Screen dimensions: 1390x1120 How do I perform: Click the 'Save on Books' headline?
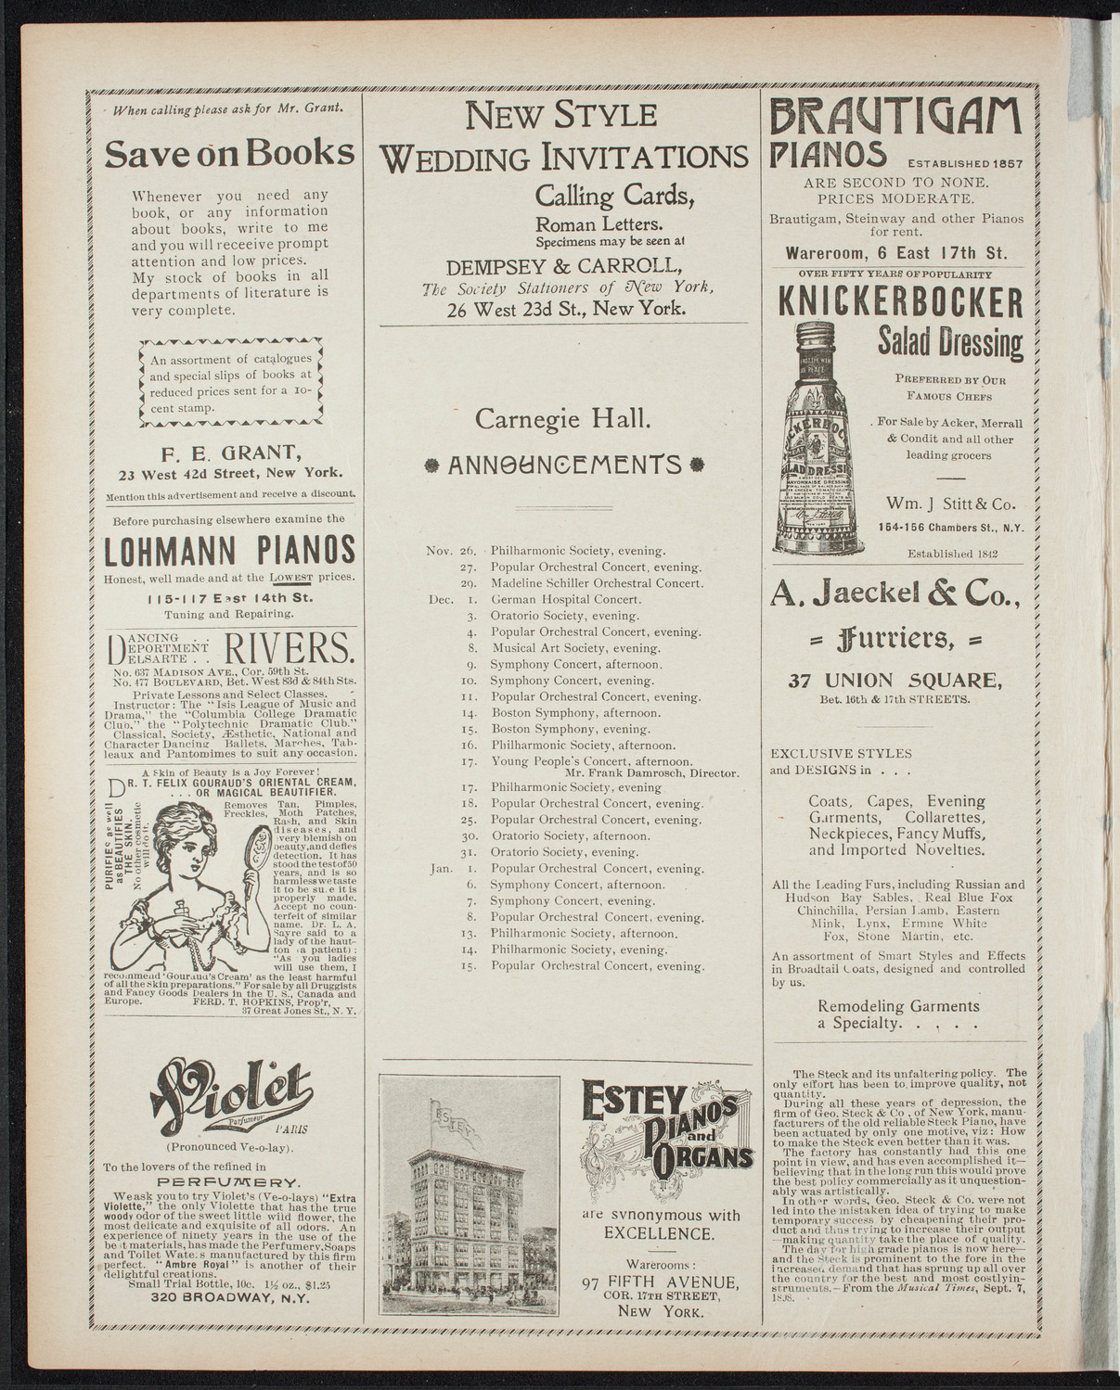229,154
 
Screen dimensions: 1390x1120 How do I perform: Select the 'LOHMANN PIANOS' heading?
229,551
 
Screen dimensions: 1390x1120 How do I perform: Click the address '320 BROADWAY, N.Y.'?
229,1297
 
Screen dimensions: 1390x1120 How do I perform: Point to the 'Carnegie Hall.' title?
562,418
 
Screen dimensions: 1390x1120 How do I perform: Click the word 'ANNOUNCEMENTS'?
564,464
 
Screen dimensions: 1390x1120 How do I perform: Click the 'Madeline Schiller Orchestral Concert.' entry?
598,583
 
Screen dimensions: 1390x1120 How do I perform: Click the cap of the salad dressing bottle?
817,331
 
